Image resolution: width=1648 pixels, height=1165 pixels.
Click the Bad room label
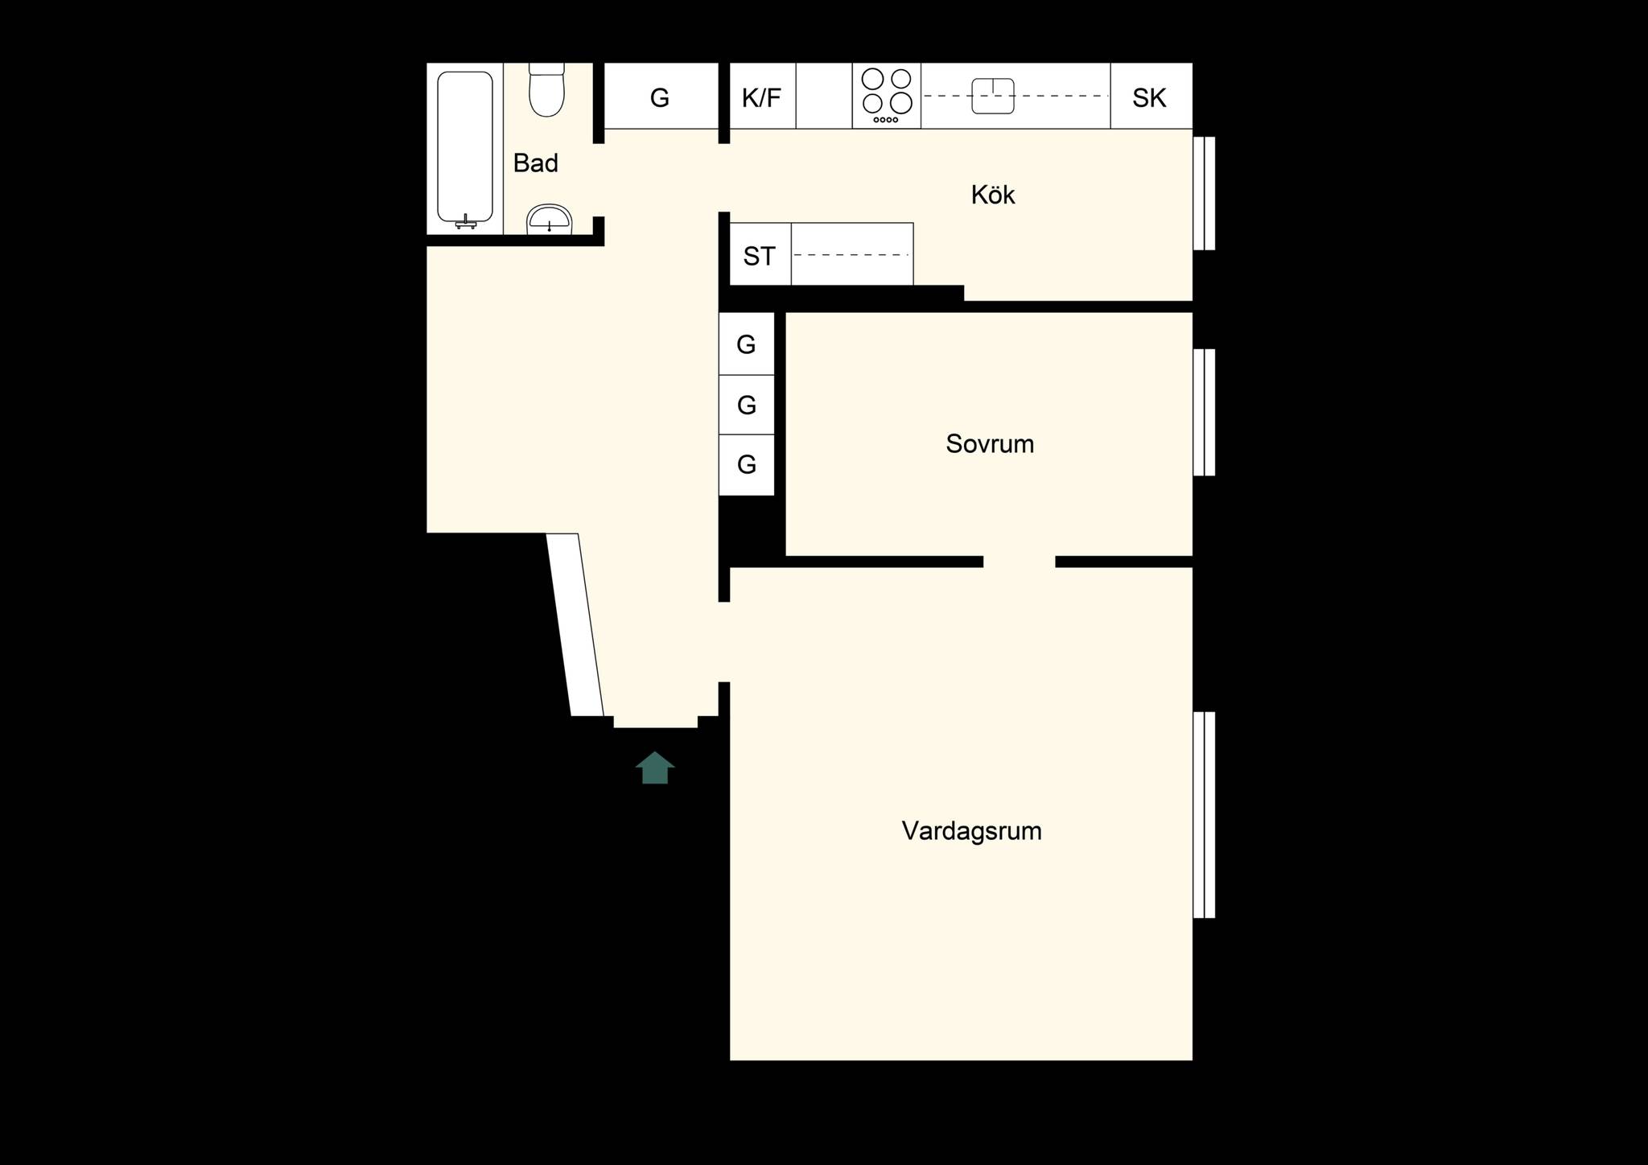tap(535, 163)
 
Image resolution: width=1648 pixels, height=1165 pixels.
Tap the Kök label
tap(993, 195)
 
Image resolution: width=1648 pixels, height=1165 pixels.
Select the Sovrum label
tap(990, 444)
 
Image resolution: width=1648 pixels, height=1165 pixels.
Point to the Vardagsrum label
tap(971, 831)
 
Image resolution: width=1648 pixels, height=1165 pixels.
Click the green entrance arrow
tap(655, 768)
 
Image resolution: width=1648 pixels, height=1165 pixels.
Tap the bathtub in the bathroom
tap(465, 149)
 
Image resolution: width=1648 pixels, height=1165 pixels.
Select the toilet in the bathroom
tap(547, 89)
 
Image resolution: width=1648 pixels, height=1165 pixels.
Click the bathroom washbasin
tap(549, 219)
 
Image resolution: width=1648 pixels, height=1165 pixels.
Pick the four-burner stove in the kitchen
tap(887, 96)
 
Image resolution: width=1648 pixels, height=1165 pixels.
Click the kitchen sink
tap(993, 96)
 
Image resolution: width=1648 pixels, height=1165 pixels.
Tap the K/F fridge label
tap(761, 98)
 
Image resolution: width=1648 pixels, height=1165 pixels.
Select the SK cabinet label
tap(1149, 98)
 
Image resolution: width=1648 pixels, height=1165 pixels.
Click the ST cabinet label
tap(759, 257)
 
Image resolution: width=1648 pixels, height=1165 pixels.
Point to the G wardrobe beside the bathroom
tap(660, 98)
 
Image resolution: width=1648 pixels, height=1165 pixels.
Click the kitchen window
tap(1204, 193)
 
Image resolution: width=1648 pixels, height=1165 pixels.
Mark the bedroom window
tap(1204, 412)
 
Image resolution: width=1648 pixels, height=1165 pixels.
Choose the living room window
tap(1204, 815)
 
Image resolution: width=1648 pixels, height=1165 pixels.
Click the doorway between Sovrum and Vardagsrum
tap(1020, 562)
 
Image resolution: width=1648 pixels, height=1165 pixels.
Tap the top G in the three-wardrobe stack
tap(746, 345)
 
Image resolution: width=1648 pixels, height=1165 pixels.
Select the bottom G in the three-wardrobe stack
tap(747, 464)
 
